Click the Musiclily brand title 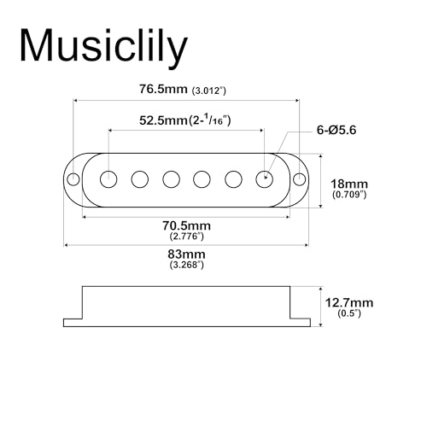[103, 45]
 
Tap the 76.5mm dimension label [163, 89]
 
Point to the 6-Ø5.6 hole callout [336, 130]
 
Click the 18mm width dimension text [349, 184]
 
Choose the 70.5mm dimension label [186, 225]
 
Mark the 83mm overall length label [186, 254]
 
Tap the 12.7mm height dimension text [349, 302]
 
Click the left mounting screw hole [73, 179]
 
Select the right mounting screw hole [299, 179]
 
